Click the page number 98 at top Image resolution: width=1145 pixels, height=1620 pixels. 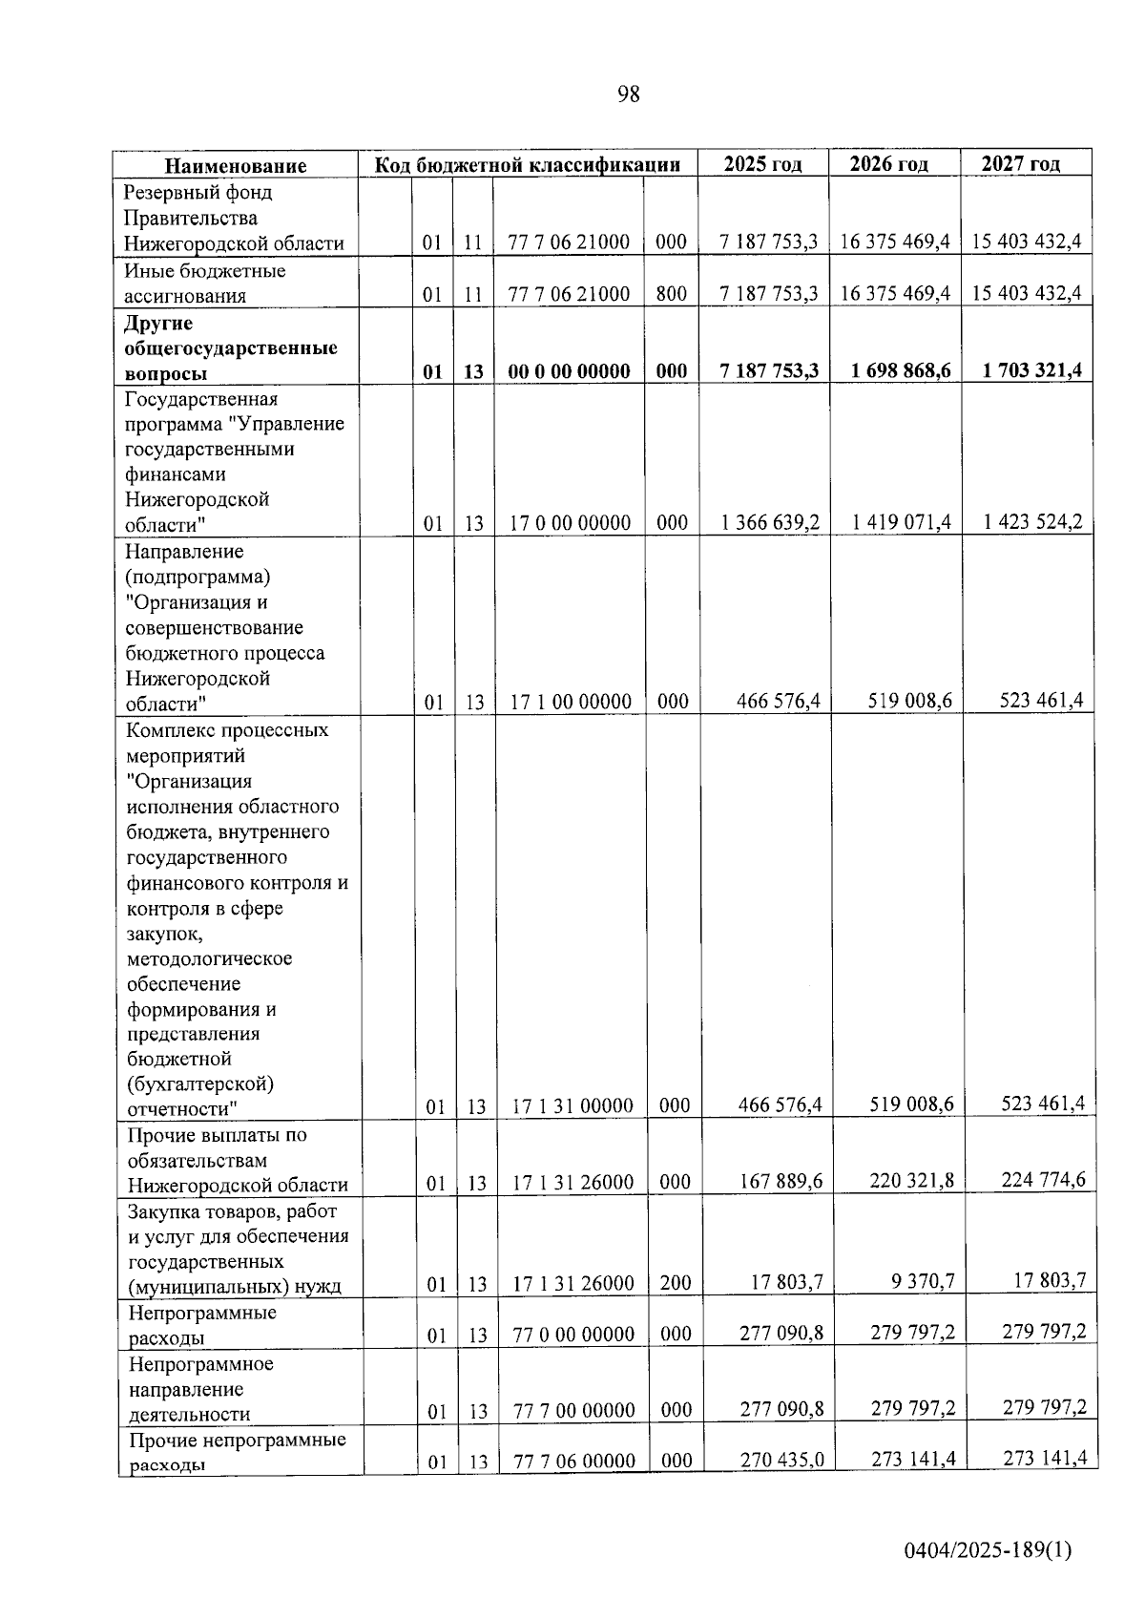click(x=628, y=94)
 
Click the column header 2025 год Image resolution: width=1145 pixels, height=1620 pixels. click(x=762, y=163)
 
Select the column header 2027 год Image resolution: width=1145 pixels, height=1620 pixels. click(x=1021, y=163)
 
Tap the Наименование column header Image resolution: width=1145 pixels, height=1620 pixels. click(x=236, y=165)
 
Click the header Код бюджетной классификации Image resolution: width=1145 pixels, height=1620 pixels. click(x=527, y=164)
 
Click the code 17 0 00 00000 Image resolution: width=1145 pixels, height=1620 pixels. click(x=570, y=523)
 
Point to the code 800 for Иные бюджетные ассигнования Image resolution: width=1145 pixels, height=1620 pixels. click(x=671, y=294)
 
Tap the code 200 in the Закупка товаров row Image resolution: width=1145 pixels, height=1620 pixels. click(x=676, y=1283)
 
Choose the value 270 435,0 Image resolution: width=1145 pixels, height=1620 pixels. click(x=781, y=1459)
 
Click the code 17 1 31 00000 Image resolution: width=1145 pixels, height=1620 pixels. click(x=572, y=1106)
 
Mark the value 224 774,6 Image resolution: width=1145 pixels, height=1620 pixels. click(x=1043, y=1180)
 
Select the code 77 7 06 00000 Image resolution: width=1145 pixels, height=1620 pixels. click(x=574, y=1461)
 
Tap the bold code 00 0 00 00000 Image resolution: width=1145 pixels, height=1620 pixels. click(x=569, y=371)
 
